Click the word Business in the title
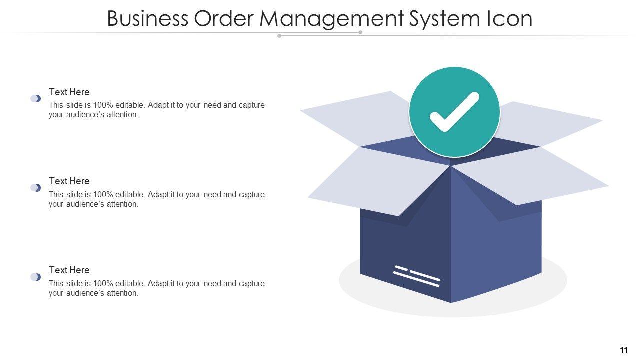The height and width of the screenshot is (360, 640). pyautogui.click(x=147, y=19)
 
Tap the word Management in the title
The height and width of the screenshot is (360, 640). pyautogui.click(x=331, y=19)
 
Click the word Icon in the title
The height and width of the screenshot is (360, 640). pyautogui.click(x=510, y=19)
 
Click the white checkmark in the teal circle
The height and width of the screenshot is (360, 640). pyautogui.click(x=454, y=112)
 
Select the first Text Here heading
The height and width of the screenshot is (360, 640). pyautogui.click(x=69, y=92)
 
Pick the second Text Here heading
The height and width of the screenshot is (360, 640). pyautogui.click(x=69, y=181)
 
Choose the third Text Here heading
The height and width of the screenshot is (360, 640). pyautogui.click(x=69, y=270)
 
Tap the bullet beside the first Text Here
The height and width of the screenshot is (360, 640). pyautogui.click(x=36, y=99)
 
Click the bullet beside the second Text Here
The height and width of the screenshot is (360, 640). pyautogui.click(x=36, y=188)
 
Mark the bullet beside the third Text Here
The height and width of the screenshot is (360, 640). pyautogui.click(x=36, y=277)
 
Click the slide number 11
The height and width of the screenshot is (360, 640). pyautogui.click(x=624, y=350)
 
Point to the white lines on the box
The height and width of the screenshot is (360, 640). pyautogui.click(x=417, y=276)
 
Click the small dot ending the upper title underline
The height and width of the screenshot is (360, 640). pyautogui.click(x=360, y=32)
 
